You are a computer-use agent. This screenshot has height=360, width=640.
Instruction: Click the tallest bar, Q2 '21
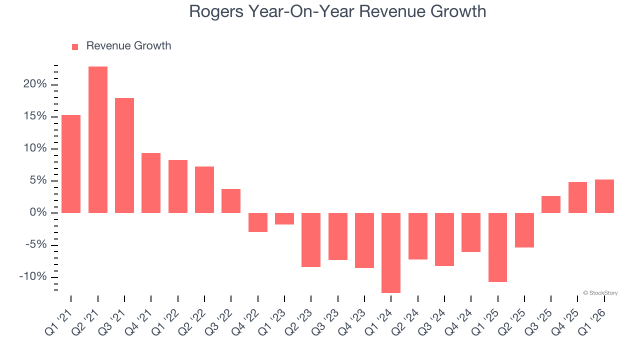[98, 139]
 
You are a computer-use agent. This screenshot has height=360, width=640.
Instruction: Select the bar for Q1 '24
[391, 252]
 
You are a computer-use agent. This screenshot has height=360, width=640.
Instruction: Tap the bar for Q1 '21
[71, 164]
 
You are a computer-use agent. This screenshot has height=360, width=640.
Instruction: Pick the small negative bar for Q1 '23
[284, 218]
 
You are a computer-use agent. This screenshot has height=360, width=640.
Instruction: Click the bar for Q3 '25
[551, 204]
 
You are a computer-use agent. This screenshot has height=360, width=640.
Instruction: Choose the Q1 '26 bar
[604, 196]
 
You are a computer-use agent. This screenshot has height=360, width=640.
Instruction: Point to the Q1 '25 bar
[498, 247]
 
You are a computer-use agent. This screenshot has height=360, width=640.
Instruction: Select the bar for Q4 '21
[151, 183]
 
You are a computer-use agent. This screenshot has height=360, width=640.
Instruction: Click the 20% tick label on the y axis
[34, 84]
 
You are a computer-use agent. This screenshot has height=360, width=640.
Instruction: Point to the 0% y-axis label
[38, 213]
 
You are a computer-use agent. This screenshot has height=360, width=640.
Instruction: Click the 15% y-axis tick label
[34, 116]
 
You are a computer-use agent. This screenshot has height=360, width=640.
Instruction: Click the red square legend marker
[75, 46]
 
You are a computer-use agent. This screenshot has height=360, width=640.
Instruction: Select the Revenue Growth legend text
[128, 46]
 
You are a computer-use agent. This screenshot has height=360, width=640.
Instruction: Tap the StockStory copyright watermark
[600, 293]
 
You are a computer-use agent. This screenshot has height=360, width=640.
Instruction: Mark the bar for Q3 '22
[231, 201]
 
